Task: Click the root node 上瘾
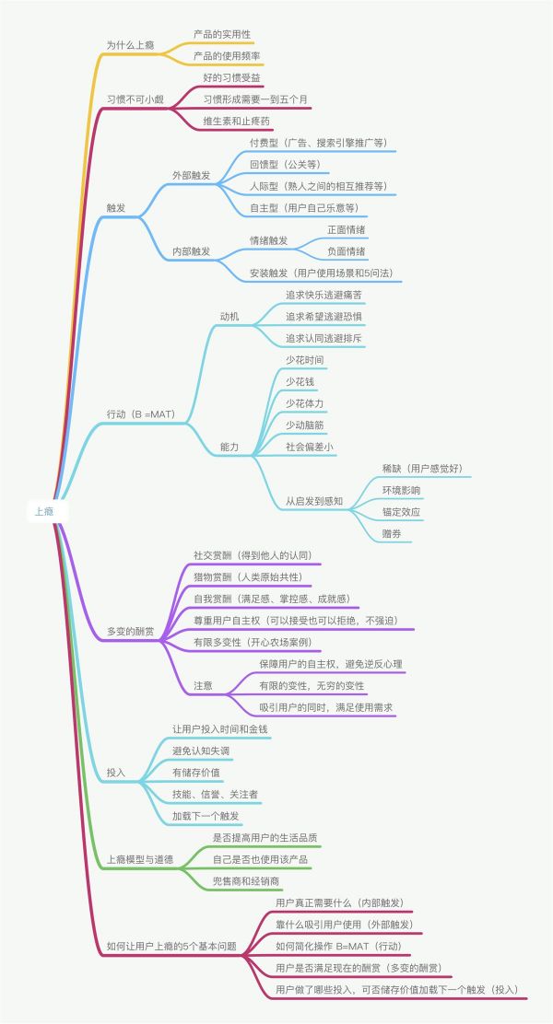(44, 511)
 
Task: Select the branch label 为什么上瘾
(130, 44)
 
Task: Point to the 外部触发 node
(191, 174)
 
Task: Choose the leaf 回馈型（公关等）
(284, 164)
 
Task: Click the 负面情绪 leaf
(346, 250)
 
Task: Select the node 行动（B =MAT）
(141, 413)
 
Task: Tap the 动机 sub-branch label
(229, 317)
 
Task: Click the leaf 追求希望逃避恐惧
(324, 316)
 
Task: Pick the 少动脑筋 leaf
(304, 425)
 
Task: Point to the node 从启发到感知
(313, 502)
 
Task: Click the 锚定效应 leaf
(402, 511)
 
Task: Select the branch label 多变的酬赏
(130, 632)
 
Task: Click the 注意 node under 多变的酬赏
(203, 685)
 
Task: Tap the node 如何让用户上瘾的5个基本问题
(171, 945)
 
